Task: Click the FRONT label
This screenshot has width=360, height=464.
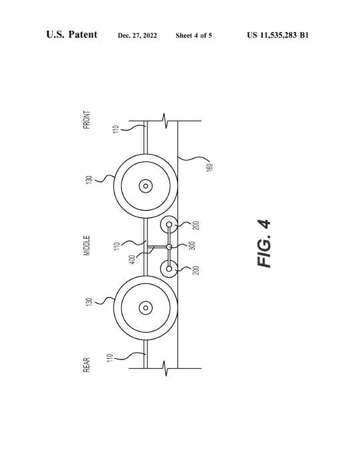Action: tap(87, 120)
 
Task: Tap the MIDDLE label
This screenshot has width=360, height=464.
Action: tap(87, 245)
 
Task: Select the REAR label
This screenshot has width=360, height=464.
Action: tap(87, 365)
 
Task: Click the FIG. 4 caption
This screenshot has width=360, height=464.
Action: tap(264, 243)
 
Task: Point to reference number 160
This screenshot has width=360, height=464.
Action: tap(210, 167)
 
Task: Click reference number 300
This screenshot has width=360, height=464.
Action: tap(192, 245)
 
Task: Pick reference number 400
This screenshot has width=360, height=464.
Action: tap(132, 259)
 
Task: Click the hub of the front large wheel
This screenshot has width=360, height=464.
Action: tap(145, 186)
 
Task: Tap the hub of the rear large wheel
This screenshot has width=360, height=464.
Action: tap(145, 308)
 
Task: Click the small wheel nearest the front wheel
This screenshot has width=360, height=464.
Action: tap(169, 225)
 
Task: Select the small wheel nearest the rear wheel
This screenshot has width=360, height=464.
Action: tap(169, 269)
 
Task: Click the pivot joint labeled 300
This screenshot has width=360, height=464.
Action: tap(169, 247)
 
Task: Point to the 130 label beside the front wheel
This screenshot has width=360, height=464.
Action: tap(89, 179)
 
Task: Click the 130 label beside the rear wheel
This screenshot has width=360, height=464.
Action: tap(89, 302)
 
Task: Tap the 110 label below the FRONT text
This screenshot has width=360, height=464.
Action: tap(116, 129)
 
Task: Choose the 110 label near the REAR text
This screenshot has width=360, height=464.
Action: tap(110, 358)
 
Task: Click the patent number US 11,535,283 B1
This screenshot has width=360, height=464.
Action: tap(278, 35)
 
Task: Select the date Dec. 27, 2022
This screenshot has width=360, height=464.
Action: tap(137, 35)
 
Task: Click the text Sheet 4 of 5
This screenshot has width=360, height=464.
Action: tap(194, 35)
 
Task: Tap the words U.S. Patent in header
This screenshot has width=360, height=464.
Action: tap(71, 34)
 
